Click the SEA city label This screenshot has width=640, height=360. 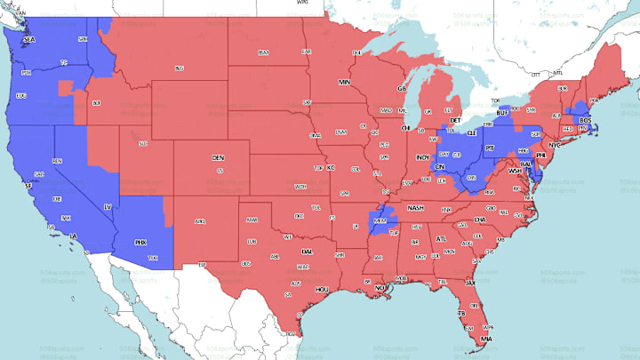coord(28,40)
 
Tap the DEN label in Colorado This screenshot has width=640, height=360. coord(218,157)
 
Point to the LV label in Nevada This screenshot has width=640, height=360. coord(108,207)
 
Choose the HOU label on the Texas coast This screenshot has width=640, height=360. coord(323,289)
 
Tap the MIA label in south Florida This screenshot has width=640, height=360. coord(484,339)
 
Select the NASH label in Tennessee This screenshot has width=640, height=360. coord(415,207)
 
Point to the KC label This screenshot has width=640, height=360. coord(331,167)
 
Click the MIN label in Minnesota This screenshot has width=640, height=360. coord(344,82)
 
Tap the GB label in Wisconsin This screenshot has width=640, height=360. coord(402,89)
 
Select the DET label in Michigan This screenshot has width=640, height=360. coord(454,119)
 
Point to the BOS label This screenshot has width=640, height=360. coord(584,120)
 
